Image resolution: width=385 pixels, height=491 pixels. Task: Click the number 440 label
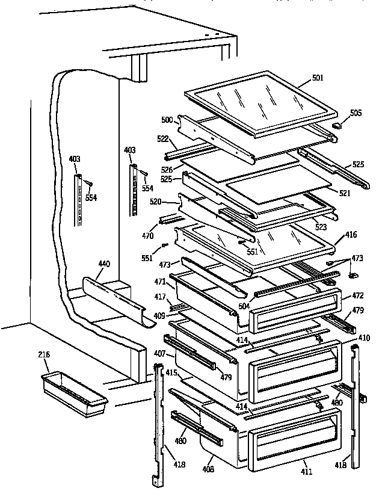103,263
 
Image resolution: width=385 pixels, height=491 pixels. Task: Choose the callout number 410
365,338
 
